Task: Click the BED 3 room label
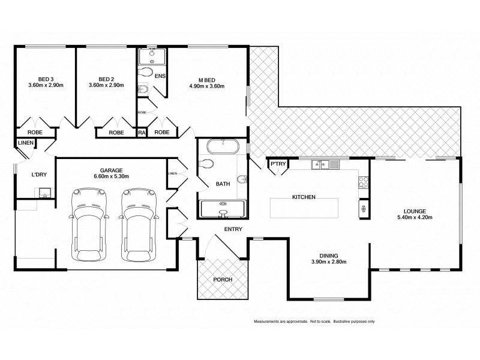(x=46, y=79)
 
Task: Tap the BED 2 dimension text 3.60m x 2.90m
(x=106, y=86)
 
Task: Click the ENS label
(x=160, y=76)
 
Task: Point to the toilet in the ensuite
(x=145, y=73)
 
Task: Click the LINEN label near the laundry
(x=25, y=143)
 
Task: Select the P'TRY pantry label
(x=278, y=164)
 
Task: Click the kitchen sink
(x=325, y=164)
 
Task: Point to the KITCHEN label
(x=304, y=197)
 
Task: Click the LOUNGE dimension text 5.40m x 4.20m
(x=415, y=218)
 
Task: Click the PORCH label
(x=223, y=280)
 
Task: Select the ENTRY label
(x=232, y=229)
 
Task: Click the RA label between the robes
(x=142, y=132)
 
